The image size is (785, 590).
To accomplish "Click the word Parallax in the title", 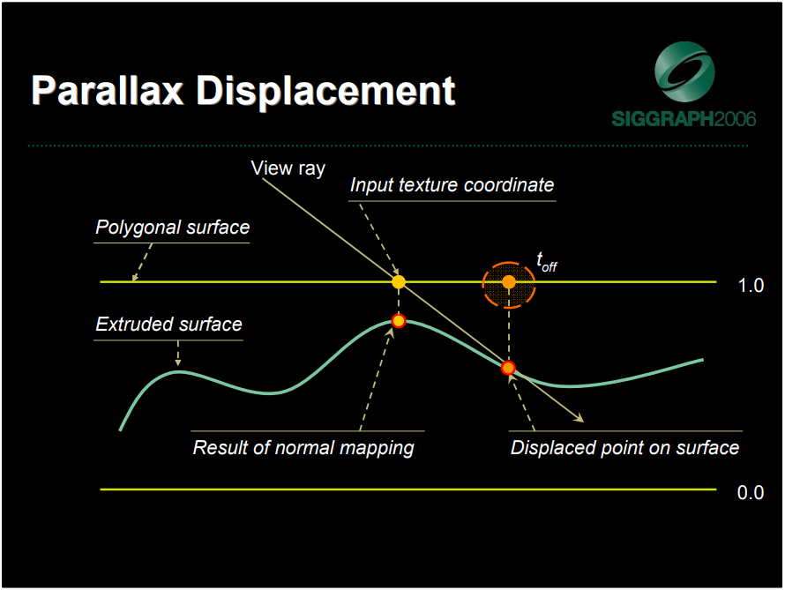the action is pos(108,91).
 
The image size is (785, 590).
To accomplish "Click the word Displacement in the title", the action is pos(326,91).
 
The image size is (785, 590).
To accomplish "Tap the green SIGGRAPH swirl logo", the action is pos(684,71).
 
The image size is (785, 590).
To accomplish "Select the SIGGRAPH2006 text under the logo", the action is pos(684,119).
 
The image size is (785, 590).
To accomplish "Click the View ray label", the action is pos(288,168).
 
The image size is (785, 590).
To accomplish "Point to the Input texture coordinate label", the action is pos(452,185).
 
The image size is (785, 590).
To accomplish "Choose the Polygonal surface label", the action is pos(172,228).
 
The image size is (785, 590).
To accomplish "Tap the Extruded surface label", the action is pos(168,325).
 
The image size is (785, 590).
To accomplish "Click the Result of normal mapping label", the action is pos(303,448).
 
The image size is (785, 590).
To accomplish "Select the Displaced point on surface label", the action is pos(624,448).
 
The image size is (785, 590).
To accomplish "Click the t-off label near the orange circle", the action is pos(546,262).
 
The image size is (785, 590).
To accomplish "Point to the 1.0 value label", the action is pos(751,286).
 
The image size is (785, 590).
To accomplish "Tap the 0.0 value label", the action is pos(751,493).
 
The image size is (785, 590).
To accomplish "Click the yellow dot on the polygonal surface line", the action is pos(399,281).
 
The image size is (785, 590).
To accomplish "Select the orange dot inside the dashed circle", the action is pos(509,282).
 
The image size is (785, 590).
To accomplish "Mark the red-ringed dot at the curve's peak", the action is pos(399,321).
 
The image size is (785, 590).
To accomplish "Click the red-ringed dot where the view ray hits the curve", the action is pos(508,369).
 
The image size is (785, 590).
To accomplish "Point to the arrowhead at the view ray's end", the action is pos(579,418).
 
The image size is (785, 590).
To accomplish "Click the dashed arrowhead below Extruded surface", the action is pos(177,362).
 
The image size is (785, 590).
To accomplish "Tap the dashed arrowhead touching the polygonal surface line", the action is pos(135,277).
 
